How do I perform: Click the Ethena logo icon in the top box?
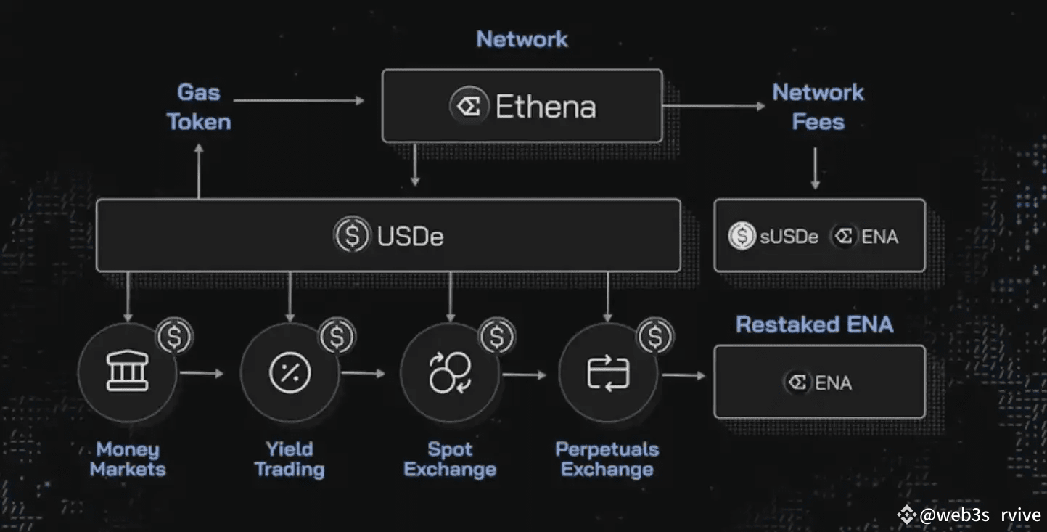[468, 107]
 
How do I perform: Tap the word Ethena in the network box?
[546, 107]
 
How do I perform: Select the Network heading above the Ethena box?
[522, 39]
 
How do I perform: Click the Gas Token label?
[199, 107]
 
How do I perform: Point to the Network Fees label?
[818, 107]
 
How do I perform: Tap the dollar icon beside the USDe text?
[351, 236]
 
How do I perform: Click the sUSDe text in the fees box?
[789, 237]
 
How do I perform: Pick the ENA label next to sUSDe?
[879, 237]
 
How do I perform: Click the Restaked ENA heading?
[814, 324]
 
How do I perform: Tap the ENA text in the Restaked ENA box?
[833, 382]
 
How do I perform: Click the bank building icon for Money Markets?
[128, 374]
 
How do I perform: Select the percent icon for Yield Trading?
[290, 374]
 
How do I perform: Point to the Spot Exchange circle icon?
[450, 374]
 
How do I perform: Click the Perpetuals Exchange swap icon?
[607, 374]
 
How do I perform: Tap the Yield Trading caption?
[289, 459]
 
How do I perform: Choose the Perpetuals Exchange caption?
[607, 459]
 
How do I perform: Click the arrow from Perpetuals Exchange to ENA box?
[683, 375]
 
